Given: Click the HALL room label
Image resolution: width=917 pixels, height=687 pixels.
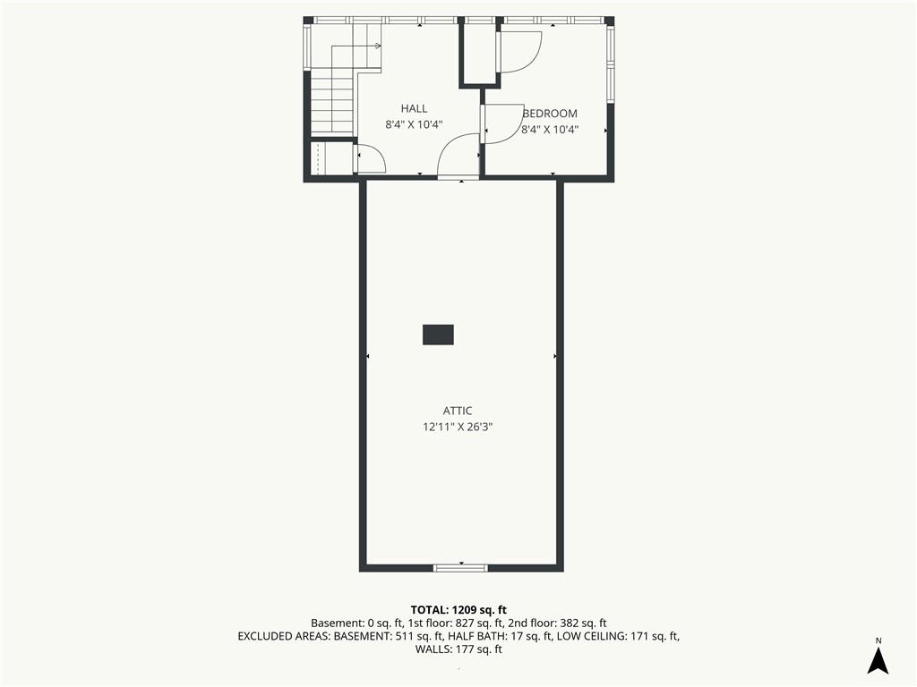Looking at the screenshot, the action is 414,108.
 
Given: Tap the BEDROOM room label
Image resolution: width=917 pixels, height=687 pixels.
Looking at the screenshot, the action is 550,114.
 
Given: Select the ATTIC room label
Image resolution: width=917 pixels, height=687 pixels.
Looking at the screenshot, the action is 458,411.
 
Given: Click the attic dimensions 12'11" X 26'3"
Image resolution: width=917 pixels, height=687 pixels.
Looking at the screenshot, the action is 458,427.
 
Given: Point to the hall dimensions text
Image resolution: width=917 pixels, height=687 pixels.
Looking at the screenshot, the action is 414,123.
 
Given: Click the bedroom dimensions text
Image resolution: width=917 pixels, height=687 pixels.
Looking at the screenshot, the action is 550,129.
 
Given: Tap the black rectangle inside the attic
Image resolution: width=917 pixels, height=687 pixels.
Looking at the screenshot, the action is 438,335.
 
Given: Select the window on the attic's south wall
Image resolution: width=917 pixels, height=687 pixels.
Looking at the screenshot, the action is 460,567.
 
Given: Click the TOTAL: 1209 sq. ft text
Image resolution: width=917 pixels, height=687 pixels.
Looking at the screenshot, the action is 458,610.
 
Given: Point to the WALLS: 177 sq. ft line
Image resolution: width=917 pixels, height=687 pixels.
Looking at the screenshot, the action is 458,649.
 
